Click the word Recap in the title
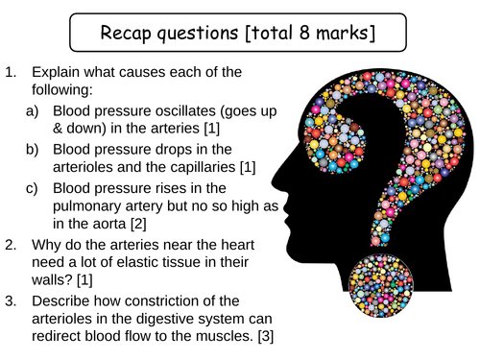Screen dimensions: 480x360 click(126, 33)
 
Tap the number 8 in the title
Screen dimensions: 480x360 click(304, 33)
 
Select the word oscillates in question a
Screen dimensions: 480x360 click(185, 111)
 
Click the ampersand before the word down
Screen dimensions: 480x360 click(58, 129)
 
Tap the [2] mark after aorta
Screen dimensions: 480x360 click(138, 224)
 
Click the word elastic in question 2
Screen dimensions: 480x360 click(138, 262)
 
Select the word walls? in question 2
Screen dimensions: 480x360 click(52, 280)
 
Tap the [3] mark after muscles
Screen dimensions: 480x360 click(266, 336)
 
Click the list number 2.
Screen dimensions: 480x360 click(11, 245)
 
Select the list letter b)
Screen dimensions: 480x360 click(32, 150)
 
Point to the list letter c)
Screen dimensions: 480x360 click(32, 188)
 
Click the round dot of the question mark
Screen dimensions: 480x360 click(381, 285)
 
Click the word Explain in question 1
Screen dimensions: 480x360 click(56, 73)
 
